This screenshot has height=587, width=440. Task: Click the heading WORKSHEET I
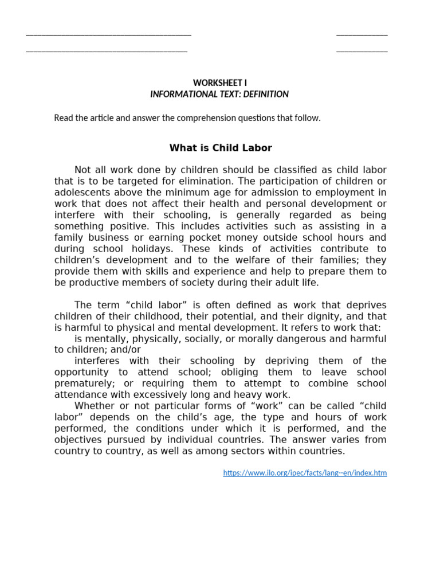point(220,83)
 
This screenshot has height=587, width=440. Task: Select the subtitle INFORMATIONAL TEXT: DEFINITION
point(219,94)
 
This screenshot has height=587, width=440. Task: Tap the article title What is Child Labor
point(221,148)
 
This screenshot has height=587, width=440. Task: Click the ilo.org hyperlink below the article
point(305,473)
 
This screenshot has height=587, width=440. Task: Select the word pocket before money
point(265,237)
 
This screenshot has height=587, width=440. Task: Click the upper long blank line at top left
point(108,35)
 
